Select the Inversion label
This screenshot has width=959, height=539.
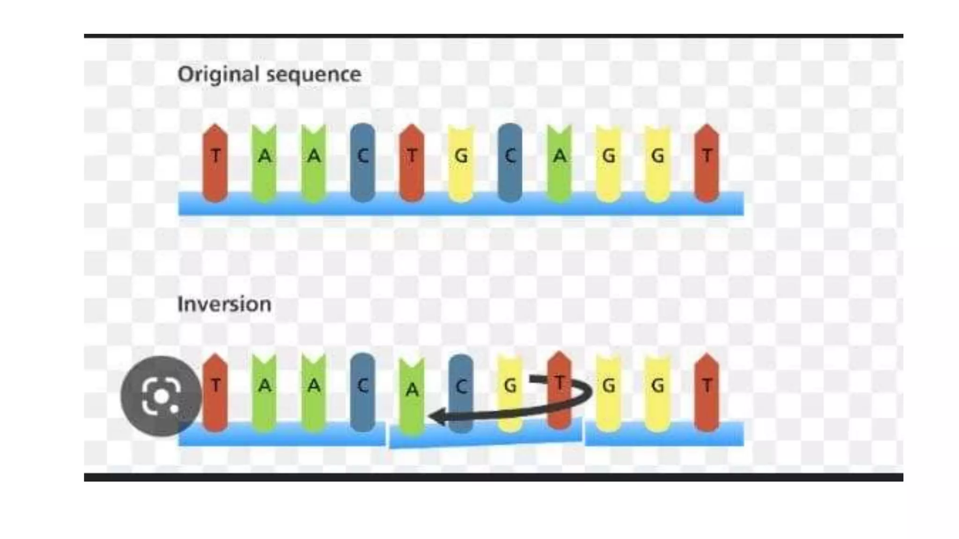[224, 305]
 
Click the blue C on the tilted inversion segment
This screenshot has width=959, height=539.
[461, 388]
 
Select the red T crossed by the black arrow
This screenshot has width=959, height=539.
[559, 388]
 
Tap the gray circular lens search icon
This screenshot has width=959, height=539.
[161, 396]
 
